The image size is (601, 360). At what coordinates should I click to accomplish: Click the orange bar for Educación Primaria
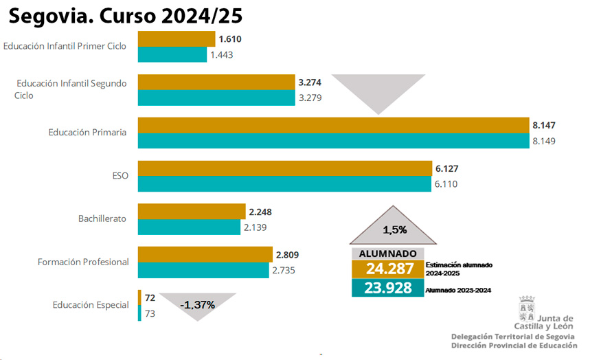(x=332, y=125)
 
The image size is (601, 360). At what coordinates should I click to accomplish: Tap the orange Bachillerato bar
(x=192, y=212)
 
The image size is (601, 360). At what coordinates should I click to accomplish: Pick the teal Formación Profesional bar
(x=203, y=270)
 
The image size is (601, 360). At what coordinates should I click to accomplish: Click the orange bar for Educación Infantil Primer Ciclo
(x=177, y=39)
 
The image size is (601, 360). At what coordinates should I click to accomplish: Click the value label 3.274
(x=310, y=82)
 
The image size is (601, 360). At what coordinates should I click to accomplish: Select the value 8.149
(x=543, y=141)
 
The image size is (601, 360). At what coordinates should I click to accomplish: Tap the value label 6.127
(x=446, y=169)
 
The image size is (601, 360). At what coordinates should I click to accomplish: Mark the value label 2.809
(x=287, y=255)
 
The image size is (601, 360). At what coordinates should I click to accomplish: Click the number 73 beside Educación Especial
(x=150, y=313)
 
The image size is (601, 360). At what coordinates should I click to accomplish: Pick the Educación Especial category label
(x=91, y=304)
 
